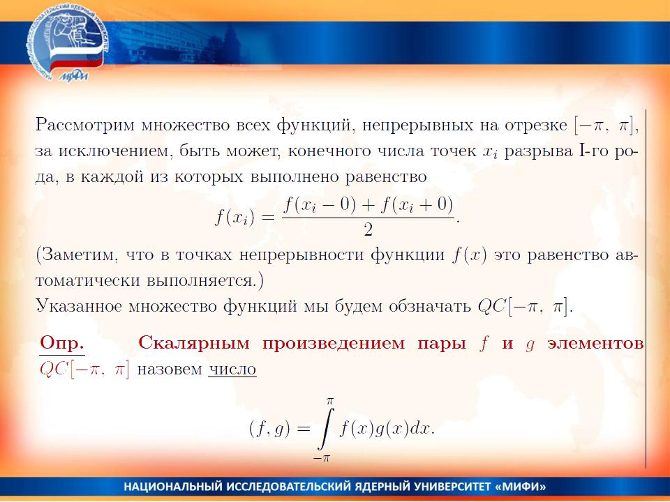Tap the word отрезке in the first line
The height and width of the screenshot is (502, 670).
pyautogui.click(x=536, y=125)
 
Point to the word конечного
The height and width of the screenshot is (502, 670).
pyautogui.click(x=329, y=151)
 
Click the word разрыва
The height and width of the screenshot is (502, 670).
pyautogui.click(x=538, y=152)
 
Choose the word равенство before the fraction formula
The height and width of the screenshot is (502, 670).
pyautogui.click(x=386, y=176)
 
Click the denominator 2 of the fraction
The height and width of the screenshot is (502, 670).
pyautogui.click(x=368, y=230)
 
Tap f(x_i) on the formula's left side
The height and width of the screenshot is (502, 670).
pyautogui.click(x=234, y=218)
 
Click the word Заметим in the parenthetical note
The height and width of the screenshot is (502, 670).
pyautogui.click(x=80, y=255)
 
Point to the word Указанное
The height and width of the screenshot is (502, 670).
pyautogui.click(x=79, y=306)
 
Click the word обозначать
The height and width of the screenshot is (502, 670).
pyautogui.click(x=430, y=306)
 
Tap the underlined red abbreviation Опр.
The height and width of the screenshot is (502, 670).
pyautogui.click(x=61, y=343)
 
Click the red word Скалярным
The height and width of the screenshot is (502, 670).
pyautogui.click(x=194, y=344)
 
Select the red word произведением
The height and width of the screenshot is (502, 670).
pyautogui.click(x=334, y=344)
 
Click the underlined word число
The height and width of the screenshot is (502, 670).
pyautogui.click(x=232, y=370)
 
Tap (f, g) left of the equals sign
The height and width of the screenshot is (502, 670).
pyautogui.click(x=269, y=428)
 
